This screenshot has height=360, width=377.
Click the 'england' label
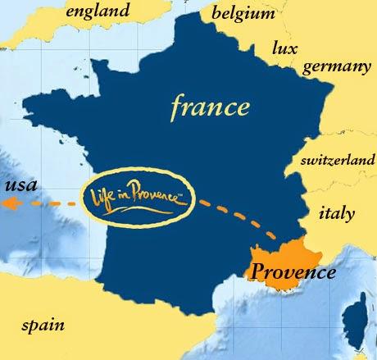[x=98, y=11]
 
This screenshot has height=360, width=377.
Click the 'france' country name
[x=210, y=106]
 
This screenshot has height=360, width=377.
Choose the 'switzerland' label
[x=338, y=162]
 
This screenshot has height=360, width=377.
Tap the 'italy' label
[x=336, y=214]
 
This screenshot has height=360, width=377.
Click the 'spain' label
[x=43, y=326]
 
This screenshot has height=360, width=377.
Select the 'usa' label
[x=20, y=185]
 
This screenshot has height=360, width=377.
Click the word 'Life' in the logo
[x=100, y=198]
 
